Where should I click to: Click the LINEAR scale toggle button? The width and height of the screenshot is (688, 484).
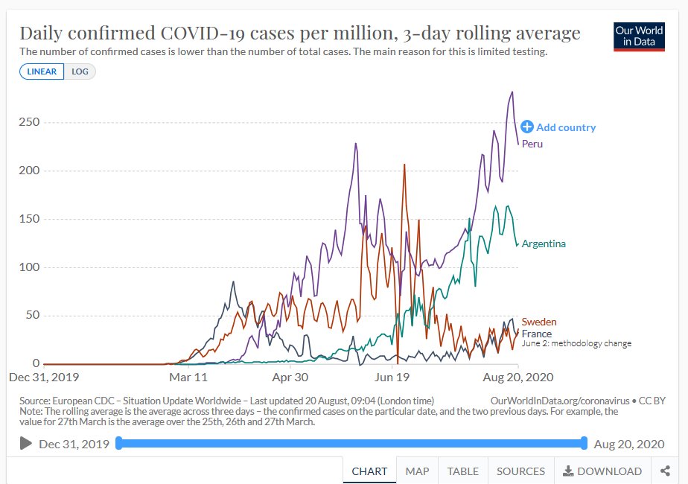[x=42, y=71]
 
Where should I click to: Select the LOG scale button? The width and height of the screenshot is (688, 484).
[x=80, y=71]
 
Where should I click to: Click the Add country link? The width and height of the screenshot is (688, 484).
[x=558, y=127]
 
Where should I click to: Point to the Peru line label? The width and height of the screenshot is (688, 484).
[x=532, y=144]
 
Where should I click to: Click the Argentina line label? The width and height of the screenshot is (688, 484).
[x=544, y=243]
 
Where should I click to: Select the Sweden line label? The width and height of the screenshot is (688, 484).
[x=539, y=322]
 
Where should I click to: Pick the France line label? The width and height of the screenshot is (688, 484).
[x=536, y=334]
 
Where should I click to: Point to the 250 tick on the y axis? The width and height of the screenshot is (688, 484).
[x=29, y=122]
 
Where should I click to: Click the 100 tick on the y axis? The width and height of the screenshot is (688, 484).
[x=29, y=267]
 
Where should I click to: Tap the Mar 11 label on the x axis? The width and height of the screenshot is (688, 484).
[x=189, y=377]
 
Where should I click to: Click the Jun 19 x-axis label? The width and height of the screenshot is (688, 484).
[x=392, y=377]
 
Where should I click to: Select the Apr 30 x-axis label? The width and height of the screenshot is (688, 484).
[x=290, y=377]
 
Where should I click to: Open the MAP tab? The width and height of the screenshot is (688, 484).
[x=417, y=471]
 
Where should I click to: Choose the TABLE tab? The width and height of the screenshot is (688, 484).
[x=463, y=471]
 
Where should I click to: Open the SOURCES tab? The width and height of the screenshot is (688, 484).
[x=520, y=471]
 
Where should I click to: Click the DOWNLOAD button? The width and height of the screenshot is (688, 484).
[x=602, y=471]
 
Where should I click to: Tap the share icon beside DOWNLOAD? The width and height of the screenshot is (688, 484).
[x=665, y=471]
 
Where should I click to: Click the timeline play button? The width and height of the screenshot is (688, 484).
[x=26, y=444]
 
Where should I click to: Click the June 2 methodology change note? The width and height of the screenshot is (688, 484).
[x=576, y=343]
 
